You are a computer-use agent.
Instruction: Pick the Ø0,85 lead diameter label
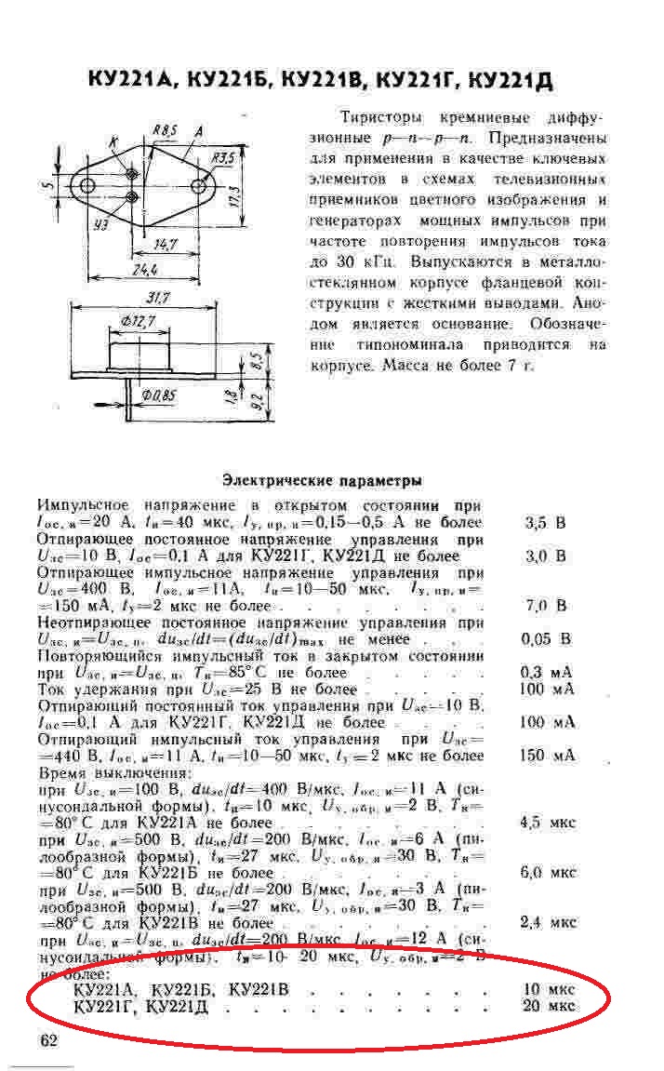tap(159, 396)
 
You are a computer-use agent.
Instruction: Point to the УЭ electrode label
tap(101, 223)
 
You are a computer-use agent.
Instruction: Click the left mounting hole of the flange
tap(88, 186)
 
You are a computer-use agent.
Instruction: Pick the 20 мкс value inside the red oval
tap(549, 1006)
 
